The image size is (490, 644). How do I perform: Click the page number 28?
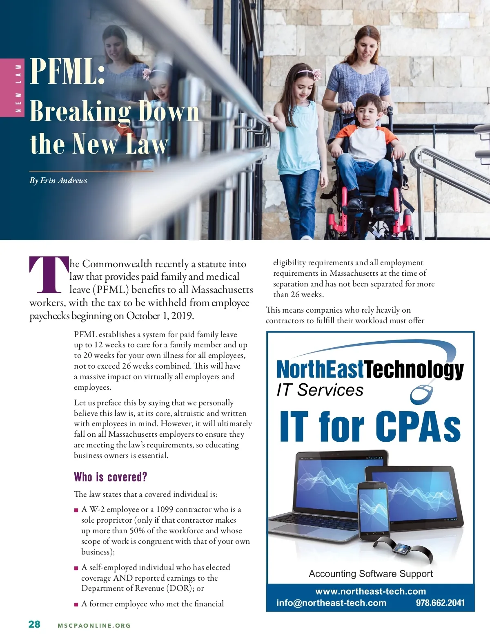34,624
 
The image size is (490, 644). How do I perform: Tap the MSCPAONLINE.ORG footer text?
94,626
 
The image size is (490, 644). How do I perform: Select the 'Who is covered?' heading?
110,477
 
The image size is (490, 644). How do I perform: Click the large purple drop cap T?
48,275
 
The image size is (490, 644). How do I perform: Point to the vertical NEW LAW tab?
18,88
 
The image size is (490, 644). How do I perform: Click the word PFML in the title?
67,71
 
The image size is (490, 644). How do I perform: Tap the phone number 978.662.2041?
440,603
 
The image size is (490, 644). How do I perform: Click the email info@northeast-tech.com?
331,603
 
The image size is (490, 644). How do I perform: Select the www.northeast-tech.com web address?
370,591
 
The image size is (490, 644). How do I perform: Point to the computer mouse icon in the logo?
423,393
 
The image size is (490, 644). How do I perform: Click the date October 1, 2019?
160,316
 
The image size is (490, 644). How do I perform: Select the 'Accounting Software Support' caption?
370,574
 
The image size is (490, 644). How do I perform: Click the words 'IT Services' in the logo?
320,390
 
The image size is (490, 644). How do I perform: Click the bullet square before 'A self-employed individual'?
76,568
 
